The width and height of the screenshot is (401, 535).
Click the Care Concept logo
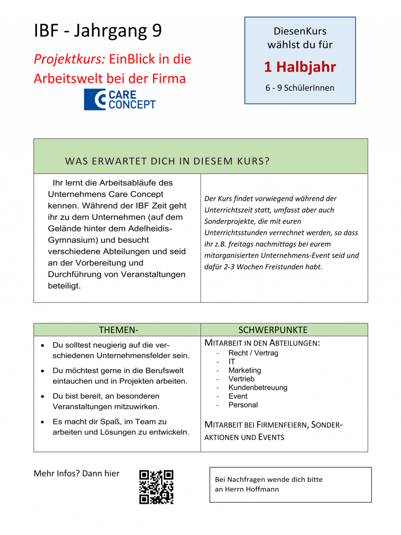(120, 99)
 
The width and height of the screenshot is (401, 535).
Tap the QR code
(156, 487)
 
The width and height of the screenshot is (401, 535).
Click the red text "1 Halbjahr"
(300, 67)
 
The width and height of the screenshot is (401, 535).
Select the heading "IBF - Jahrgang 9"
(98, 31)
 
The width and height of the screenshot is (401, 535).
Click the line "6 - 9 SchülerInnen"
(300, 88)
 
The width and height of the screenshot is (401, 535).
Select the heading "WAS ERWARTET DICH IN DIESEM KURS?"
(167, 161)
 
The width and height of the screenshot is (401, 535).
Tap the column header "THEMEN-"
(119, 330)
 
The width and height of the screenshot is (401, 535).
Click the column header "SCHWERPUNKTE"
(273, 330)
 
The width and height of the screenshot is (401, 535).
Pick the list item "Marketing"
(245, 370)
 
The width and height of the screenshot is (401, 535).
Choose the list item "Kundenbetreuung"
(258, 387)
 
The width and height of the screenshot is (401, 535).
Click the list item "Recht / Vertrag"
(253, 353)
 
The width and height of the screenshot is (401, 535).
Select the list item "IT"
(232, 361)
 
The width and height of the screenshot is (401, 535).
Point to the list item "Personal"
(243, 405)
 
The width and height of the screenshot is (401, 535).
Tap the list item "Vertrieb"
(242, 379)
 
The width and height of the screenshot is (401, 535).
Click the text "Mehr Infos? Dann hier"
(77, 473)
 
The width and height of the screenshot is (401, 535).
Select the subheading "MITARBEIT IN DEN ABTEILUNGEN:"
(262, 343)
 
